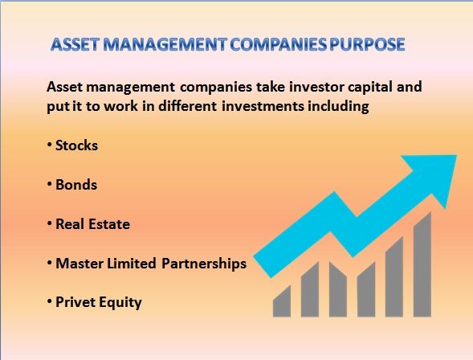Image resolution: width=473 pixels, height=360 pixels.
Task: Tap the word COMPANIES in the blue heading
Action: tap(278, 44)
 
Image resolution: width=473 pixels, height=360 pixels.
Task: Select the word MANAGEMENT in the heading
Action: tap(165, 44)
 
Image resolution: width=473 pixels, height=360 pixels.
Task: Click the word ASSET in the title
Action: tap(75, 44)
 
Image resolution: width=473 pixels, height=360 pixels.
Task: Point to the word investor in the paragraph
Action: tap(316, 87)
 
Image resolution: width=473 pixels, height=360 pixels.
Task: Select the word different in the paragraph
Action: tap(187, 106)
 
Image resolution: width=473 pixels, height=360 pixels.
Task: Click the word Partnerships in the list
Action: tap(204, 264)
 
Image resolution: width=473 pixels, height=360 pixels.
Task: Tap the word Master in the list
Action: tap(80, 264)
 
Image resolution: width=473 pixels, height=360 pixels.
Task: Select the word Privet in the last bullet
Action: tap(75, 302)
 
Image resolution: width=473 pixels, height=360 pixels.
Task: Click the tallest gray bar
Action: tap(422, 265)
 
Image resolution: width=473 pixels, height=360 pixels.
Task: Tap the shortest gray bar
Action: tap(282, 302)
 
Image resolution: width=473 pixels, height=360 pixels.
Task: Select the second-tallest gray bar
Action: tap(394, 277)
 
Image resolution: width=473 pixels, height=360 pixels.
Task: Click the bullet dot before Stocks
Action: tap(50, 145)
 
